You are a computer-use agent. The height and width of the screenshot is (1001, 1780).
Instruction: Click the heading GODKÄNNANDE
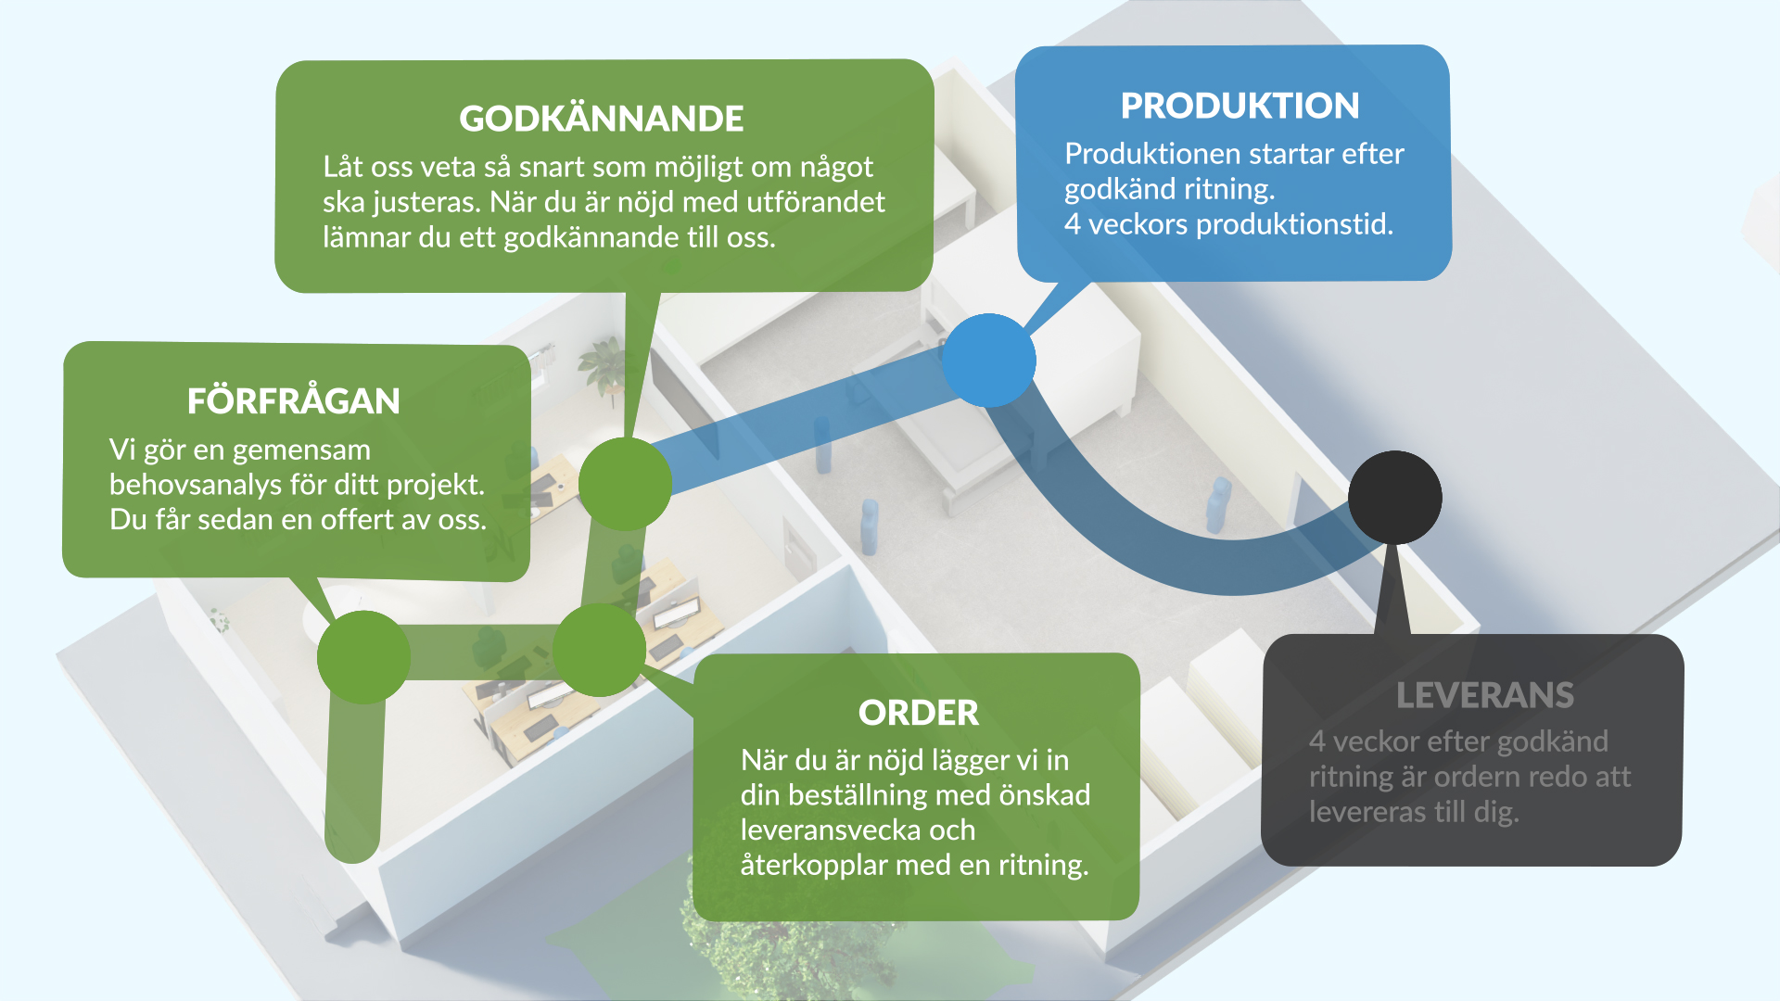point(601,119)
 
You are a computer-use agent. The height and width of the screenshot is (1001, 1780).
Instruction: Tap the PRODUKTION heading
point(1240,106)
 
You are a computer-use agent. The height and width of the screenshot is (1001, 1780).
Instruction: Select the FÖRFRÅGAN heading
point(293,401)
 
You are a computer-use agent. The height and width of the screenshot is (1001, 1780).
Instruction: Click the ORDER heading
point(918,713)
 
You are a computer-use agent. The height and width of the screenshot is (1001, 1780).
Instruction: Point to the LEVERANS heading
point(1484,695)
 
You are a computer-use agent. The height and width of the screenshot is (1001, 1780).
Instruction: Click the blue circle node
point(988,361)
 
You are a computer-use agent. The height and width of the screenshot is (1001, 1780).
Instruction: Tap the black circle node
point(1394,498)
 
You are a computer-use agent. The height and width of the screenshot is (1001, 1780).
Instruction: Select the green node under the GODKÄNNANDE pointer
point(625,484)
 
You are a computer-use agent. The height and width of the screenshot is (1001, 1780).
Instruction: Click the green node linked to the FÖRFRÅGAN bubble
point(363,657)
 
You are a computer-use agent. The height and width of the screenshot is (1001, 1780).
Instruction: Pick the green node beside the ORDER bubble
point(599,651)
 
